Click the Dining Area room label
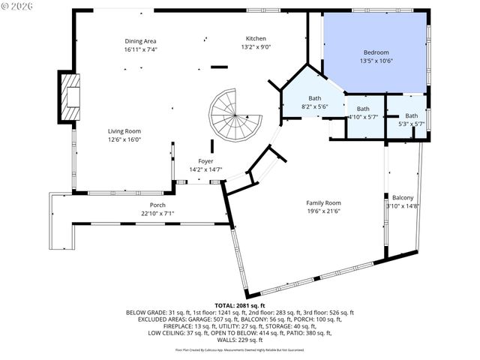(141, 40)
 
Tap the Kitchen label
(256, 38)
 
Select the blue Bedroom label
(376, 52)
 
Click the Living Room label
(124, 130)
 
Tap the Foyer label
(205, 161)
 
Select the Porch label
(157, 205)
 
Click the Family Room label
(323, 202)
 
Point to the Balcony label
(403, 197)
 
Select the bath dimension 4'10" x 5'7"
(364, 117)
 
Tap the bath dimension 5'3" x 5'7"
(411, 124)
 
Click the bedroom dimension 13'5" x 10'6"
(376, 61)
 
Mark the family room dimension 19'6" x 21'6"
(323, 211)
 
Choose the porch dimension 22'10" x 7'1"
(157, 214)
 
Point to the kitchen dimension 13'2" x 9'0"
(256, 47)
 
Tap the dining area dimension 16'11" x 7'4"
(141, 49)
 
